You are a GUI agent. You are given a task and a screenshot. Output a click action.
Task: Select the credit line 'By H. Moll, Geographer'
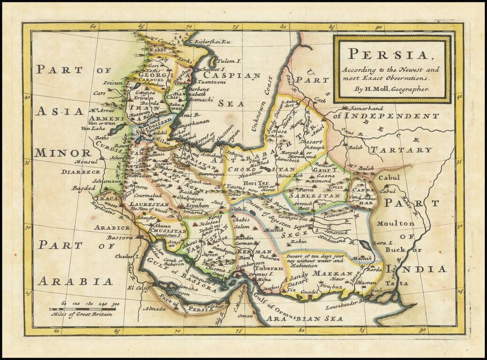click(x=392, y=88)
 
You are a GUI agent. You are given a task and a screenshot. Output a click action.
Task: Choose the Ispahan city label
click(x=197, y=205)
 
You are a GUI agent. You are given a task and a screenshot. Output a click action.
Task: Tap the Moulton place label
click(x=395, y=224)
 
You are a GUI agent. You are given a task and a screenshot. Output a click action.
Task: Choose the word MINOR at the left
click(x=62, y=153)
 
